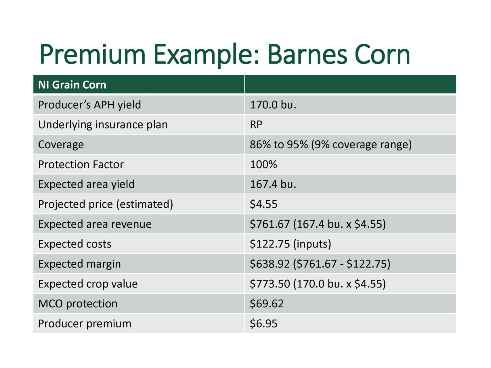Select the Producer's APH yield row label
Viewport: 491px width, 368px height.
pyautogui.click(x=89, y=105)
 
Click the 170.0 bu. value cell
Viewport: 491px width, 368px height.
pyautogui.click(x=273, y=105)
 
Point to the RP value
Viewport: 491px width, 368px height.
pyautogui.click(x=256, y=124)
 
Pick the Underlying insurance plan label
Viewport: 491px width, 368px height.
pyautogui.click(x=103, y=125)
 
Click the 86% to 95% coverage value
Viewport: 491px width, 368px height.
pyautogui.click(x=331, y=145)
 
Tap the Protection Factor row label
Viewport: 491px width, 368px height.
pyautogui.click(x=81, y=164)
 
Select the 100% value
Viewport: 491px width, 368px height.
pyautogui.click(x=263, y=164)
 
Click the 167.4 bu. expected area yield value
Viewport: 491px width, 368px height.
pyautogui.click(x=273, y=184)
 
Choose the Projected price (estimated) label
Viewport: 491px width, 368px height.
pyautogui.click(x=106, y=204)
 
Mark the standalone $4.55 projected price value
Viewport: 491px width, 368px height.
pyautogui.click(x=263, y=204)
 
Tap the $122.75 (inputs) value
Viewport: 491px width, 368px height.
pyautogui.click(x=291, y=244)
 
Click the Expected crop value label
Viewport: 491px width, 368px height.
pyautogui.click(x=88, y=284)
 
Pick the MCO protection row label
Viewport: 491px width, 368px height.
pyautogui.click(x=78, y=304)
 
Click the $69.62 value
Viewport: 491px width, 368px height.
pyautogui.click(x=267, y=304)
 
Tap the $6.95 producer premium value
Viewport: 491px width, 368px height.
pyautogui.click(x=263, y=323)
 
